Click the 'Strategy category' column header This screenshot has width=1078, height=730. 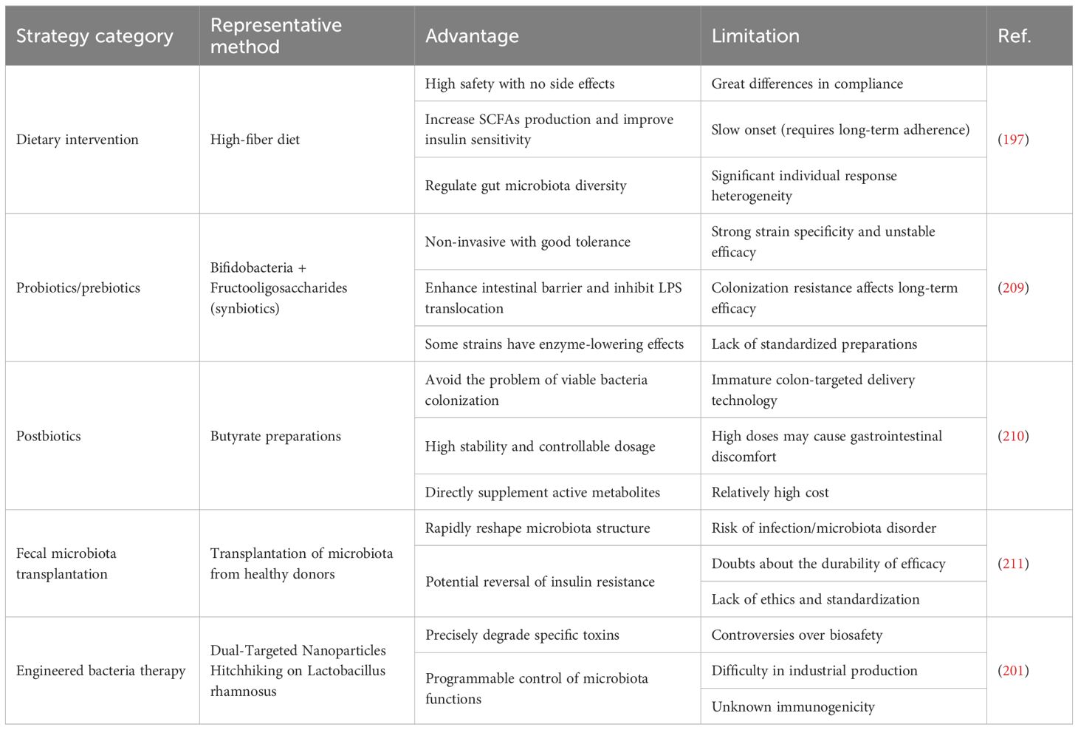point(95,36)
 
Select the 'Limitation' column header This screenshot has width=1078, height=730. point(755,36)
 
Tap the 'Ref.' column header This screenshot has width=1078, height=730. point(1014,36)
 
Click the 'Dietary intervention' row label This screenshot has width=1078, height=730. point(78,140)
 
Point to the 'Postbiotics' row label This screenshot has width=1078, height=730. point(49,436)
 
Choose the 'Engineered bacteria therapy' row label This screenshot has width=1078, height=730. point(101,671)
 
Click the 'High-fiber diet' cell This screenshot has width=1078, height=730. point(255,140)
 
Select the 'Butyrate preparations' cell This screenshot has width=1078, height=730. point(275,436)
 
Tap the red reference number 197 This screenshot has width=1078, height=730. point(1013,140)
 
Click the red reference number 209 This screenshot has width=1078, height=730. point(1013,288)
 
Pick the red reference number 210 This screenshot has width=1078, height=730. point(1013,436)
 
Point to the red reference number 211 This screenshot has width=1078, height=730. point(1013,564)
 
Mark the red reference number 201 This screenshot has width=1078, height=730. point(1013,671)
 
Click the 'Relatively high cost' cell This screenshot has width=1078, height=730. point(770,493)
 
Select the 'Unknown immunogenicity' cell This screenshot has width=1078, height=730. point(793,707)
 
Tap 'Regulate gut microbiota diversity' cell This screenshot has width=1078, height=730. point(526,186)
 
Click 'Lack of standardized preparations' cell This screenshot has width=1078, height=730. point(814,344)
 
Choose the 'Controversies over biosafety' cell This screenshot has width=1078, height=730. point(797,635)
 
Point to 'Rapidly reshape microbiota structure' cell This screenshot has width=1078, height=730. point(538,528)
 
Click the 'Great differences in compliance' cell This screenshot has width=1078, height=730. point(807,84)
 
